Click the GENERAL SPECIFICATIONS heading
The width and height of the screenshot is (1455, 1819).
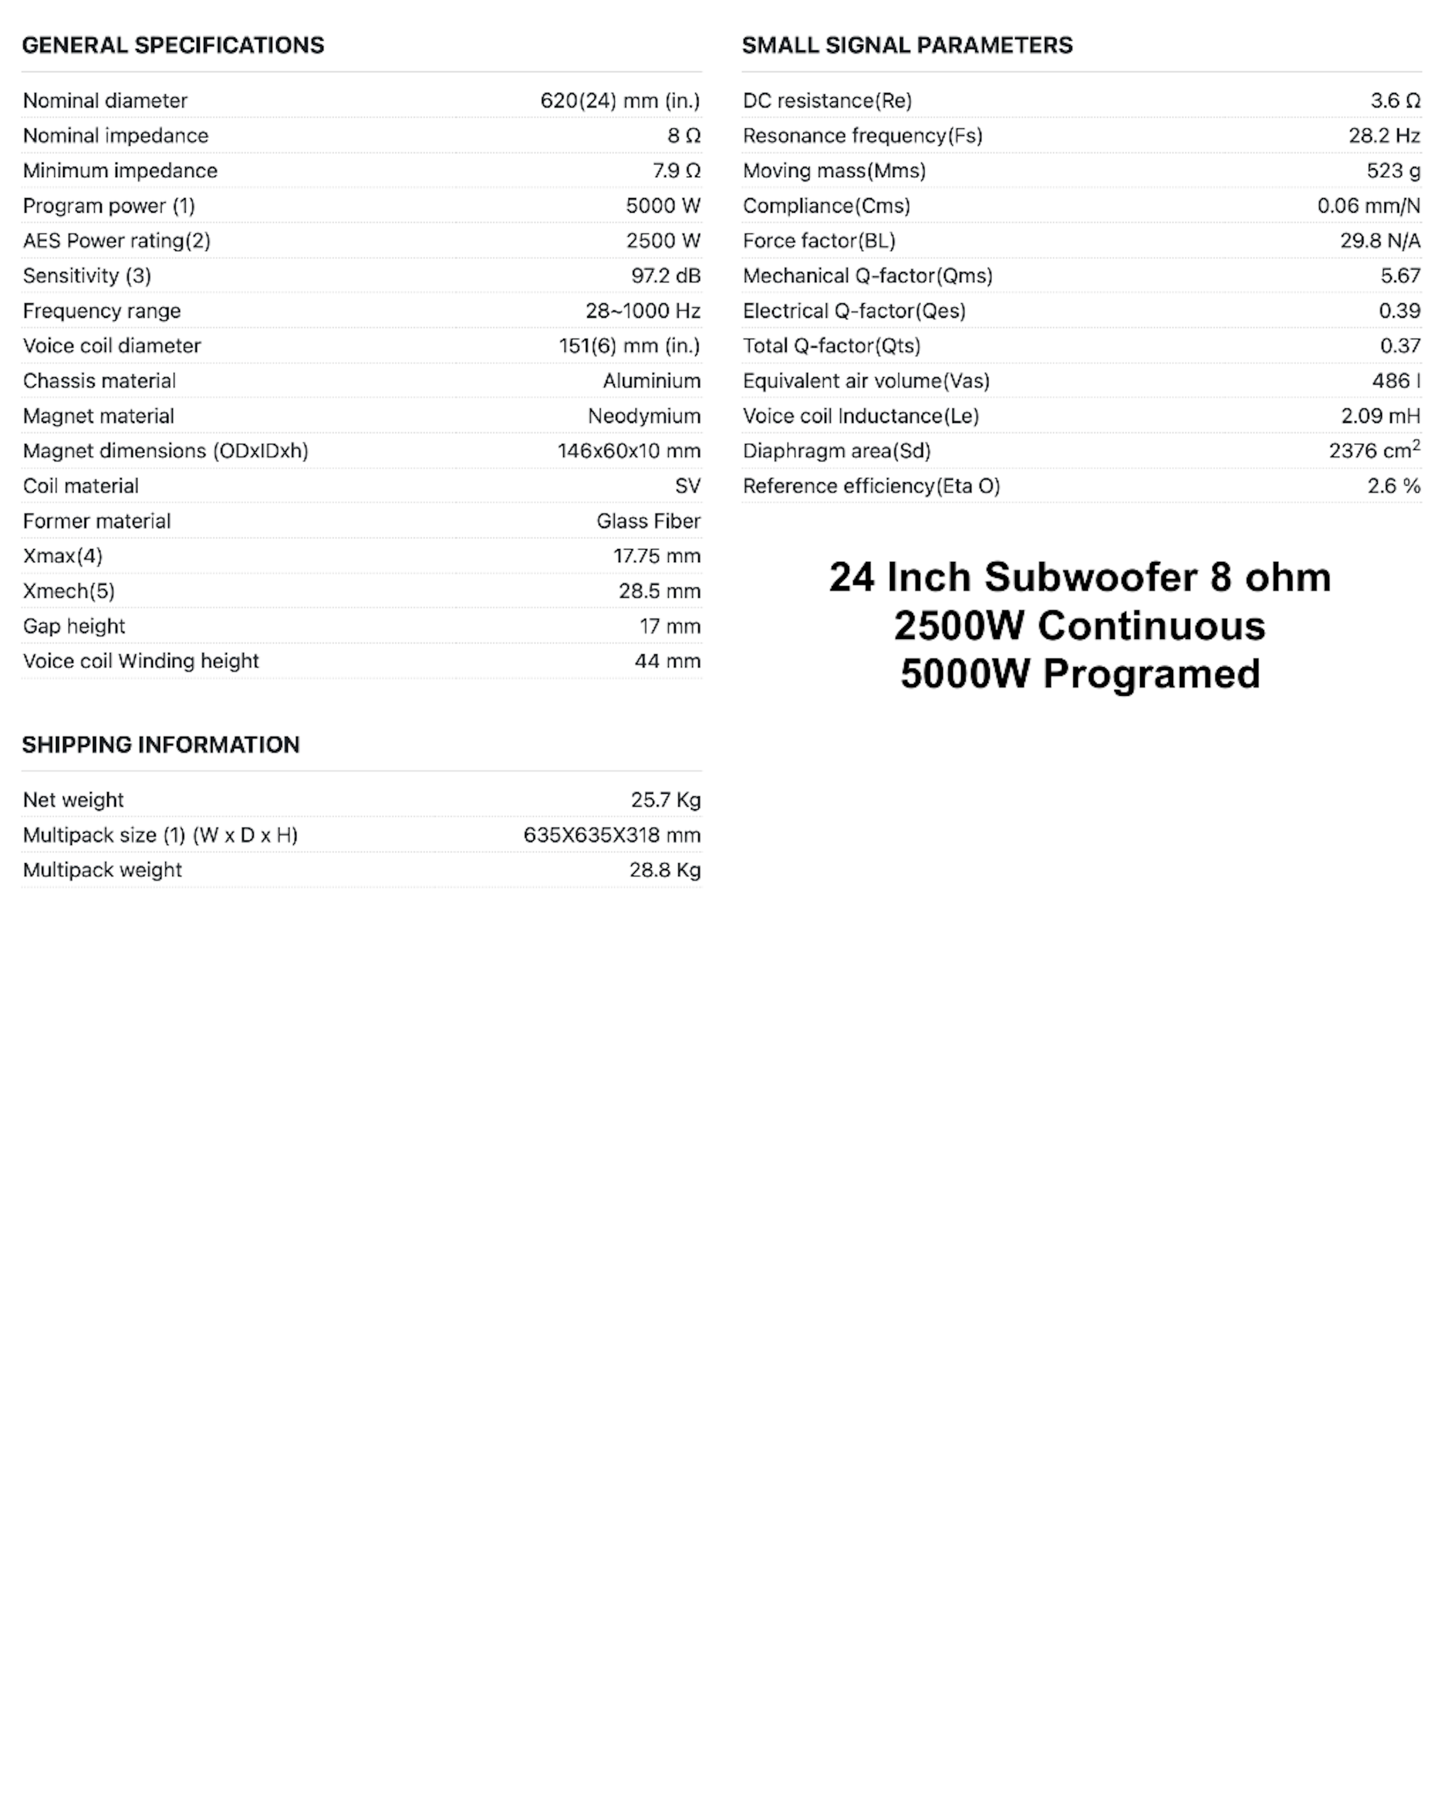[x=173, y=45]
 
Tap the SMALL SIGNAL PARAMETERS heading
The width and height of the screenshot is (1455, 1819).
[x=907, y=45]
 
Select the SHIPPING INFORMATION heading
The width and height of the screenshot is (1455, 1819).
[x=160, y=745]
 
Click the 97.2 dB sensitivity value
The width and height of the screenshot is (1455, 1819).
[x=665, y=276]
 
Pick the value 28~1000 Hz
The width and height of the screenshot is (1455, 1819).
[x=643, y=312]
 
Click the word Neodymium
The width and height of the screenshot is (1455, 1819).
[x=644, y=416]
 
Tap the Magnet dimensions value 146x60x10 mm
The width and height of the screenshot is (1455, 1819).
[x=628, y=451]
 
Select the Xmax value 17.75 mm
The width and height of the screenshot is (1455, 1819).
[x=656, y=556]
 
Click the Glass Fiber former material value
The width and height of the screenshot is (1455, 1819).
[x=648, y=521]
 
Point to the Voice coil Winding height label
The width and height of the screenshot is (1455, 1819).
[x=141, y=661]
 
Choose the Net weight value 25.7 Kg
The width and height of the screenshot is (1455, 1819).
[x=665, y=800]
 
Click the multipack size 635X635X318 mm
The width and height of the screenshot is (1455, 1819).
[x=612, y=835]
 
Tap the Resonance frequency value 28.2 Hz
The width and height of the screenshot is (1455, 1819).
[x=1384, y=136]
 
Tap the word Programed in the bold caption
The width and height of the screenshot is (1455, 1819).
[x=1151, y=674]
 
